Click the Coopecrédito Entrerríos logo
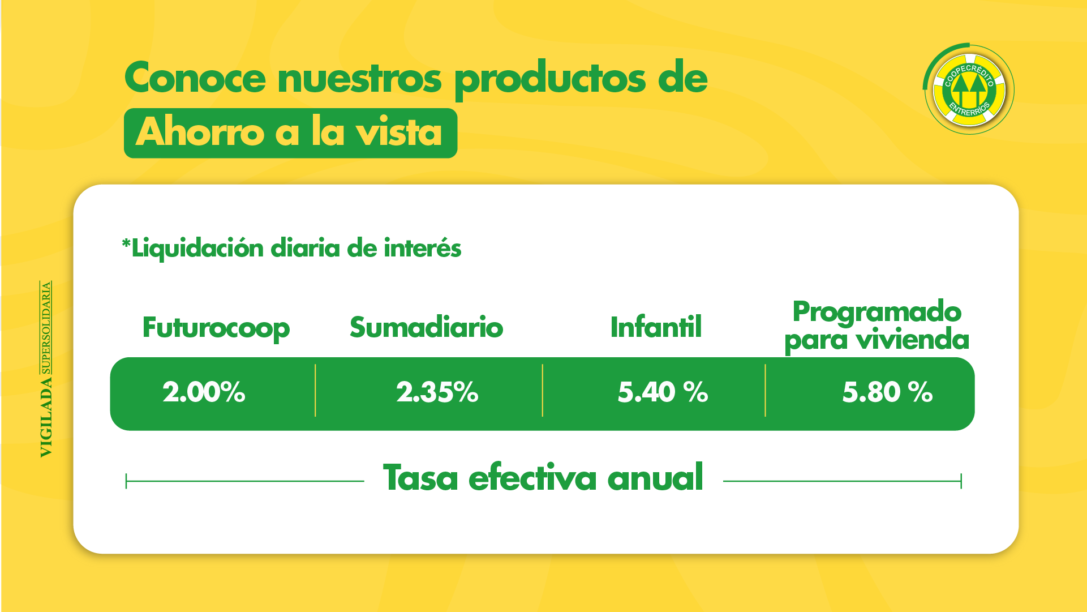[x=969, y=89]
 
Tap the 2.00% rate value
[x=204, y=392]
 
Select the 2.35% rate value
[x=437, y=392]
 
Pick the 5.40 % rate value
[x=663, y=392]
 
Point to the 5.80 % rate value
[x=887, y=392]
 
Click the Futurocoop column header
[x=216, y=328]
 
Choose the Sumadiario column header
[x=426, y=328]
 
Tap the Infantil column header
[x=656, y=328]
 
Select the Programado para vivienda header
[x=877, y=326]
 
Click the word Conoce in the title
[x=195, y=78]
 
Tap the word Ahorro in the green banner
[x=200, y=132]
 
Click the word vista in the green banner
[x=398, y=132]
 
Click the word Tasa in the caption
[x=420, y=478]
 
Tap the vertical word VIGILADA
[x=46, y=417]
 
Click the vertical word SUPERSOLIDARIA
[x=46, y=328]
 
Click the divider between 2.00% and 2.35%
[x=315, y=391]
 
